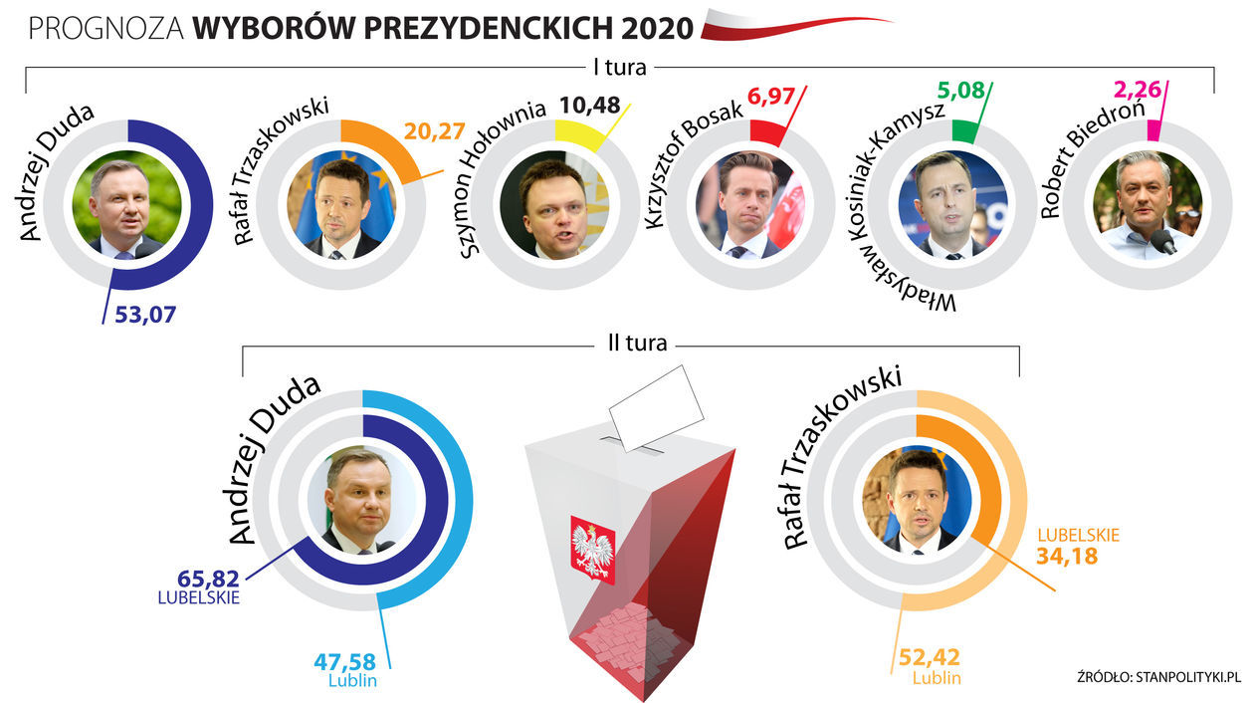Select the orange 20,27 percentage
tap(434, 131)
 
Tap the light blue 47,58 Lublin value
tap(344, 660)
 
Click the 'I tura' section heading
tap(619, 69)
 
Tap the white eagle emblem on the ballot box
tap(592, 548)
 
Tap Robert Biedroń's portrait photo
tap(1147, 206)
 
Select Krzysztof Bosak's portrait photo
tap(748, 206)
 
